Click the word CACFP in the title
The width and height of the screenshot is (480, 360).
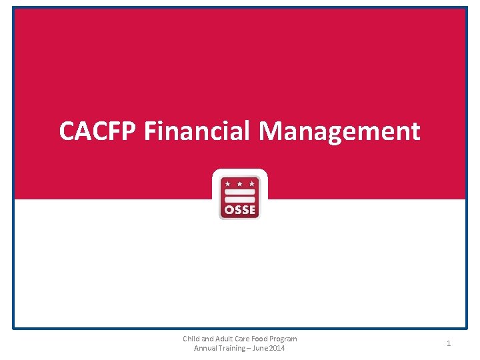tap(98, 131)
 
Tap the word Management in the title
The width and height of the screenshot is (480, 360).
tap(339, 131)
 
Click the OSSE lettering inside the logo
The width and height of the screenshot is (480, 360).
tap(239, 210)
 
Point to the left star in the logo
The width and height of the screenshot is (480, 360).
tap(227, 183)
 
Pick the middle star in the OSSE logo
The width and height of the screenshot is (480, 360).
tap(239, 183)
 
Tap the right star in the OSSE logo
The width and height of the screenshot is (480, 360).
tap(251, 183)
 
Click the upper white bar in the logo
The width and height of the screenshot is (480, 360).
tap(239, 192)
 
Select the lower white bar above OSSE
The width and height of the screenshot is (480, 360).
tap(239, 199)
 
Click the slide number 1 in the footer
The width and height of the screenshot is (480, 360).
tap(449, 343)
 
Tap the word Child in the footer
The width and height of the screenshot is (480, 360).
tap(192, 339)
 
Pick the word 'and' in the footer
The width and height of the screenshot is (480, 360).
tap(207, 339)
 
